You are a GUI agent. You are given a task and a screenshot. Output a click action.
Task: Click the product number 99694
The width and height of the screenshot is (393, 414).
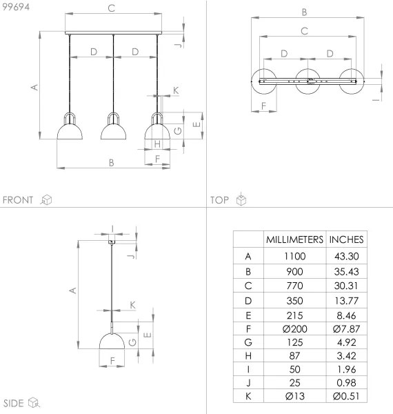[x=15, y=6]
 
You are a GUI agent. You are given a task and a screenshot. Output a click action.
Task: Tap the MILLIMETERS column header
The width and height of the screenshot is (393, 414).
[x=294, y=239]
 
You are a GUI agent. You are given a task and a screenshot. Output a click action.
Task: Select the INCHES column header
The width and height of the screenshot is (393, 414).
[x=346, y=239]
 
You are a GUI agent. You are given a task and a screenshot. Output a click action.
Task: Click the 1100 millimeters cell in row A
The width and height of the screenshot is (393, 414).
[x=294, y=256]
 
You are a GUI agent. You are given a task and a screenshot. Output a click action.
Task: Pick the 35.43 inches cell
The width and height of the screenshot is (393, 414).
[x=346, y=272]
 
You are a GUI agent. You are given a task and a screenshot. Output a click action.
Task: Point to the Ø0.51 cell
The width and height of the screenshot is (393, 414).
[x=346, y=396]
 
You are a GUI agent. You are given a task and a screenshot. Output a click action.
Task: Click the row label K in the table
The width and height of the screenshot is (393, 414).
[x=248, y=396]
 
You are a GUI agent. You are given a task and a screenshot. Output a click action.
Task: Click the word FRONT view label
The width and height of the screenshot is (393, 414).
[x=18, y=200]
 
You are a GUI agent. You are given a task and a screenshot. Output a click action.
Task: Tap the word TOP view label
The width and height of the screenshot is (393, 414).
[x=219, y=200]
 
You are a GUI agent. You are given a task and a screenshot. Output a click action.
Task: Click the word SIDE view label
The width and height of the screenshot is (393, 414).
[x=14, y=403]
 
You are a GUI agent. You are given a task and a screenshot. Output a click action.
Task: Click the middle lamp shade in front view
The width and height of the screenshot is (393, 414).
[x=113, y=128]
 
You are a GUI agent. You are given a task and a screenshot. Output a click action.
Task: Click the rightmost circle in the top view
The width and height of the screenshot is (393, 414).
[x=353, y=81]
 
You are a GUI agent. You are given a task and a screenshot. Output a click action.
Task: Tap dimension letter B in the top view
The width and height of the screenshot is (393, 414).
[x=304, y=12]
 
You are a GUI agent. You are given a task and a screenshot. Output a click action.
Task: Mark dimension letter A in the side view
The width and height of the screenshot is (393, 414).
[x=71, y=291]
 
